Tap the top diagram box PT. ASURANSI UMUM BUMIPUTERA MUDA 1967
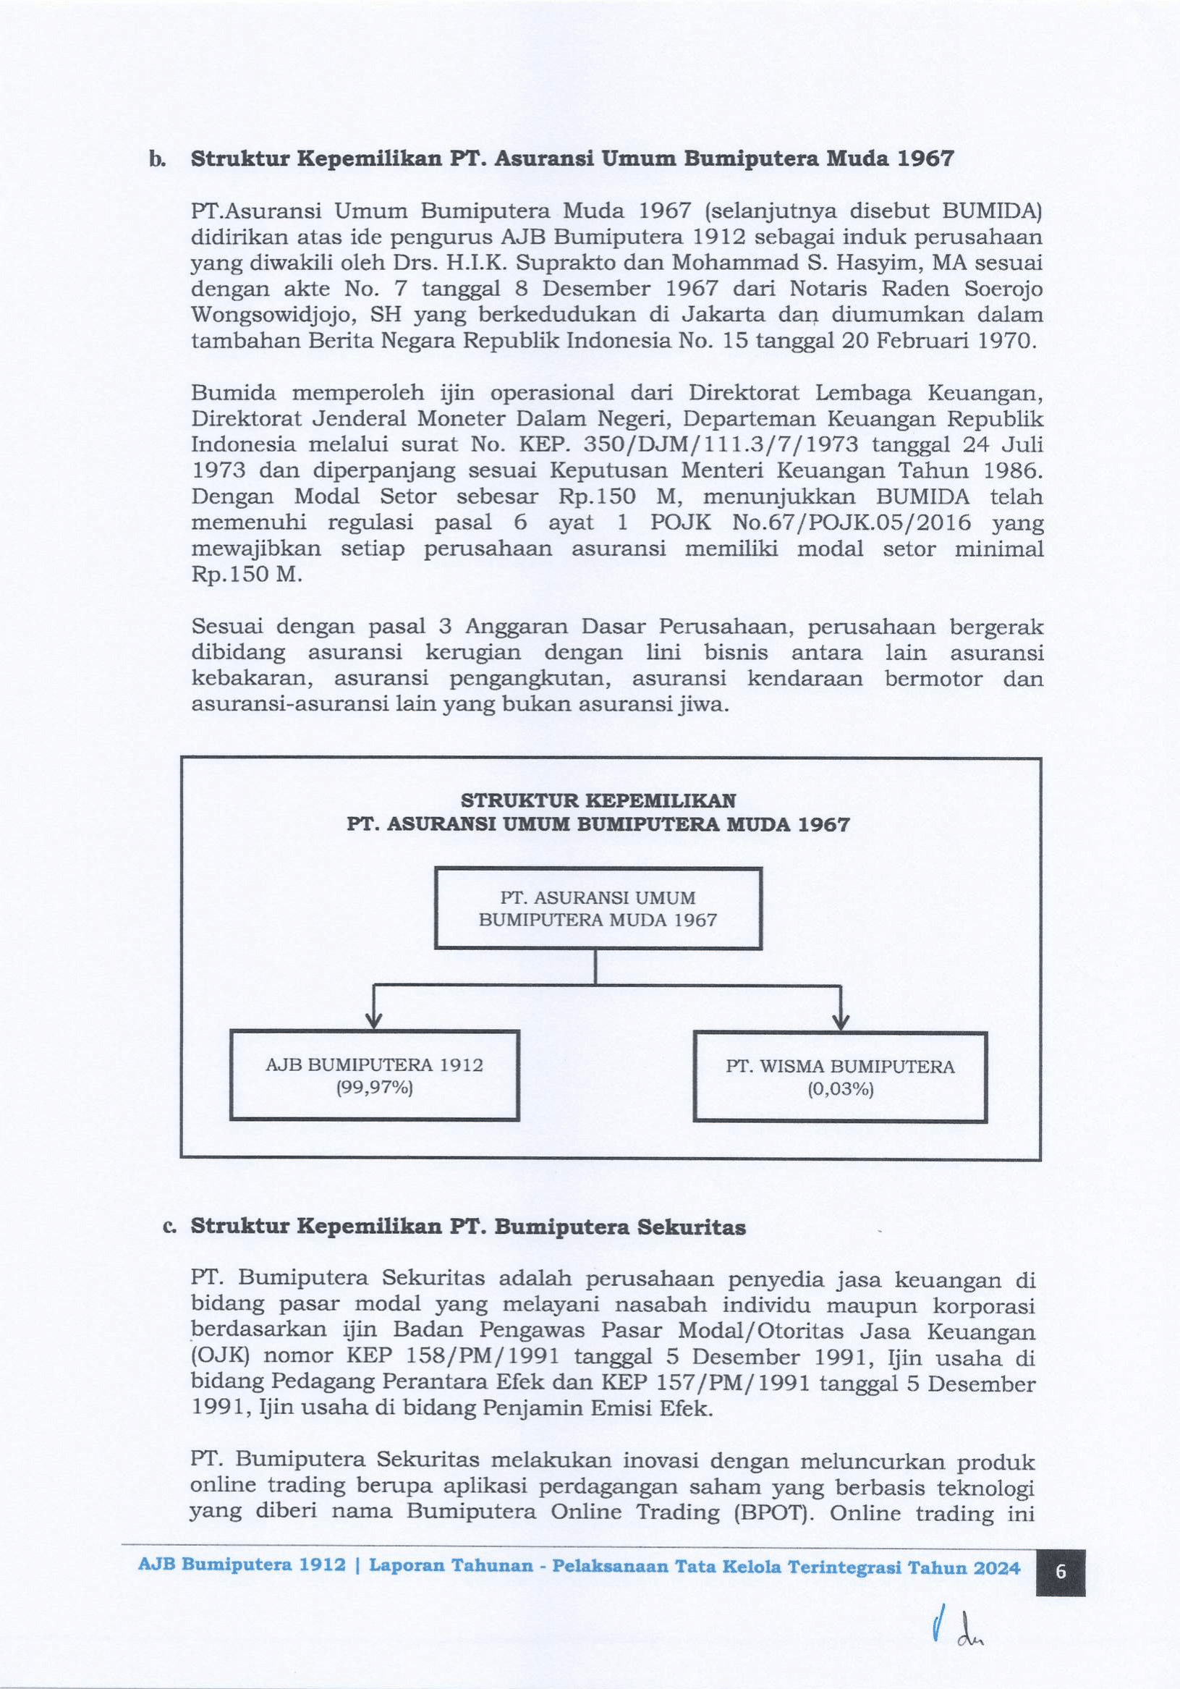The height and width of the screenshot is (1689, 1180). tap(598, 908)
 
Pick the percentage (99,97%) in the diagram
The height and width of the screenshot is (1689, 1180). tap(375, 1086)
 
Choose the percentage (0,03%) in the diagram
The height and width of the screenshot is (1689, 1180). tap(840, 1088)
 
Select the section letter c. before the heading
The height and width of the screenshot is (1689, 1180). tap(169, 1227)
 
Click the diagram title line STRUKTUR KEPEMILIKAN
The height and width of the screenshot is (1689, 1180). tap(598, 800)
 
